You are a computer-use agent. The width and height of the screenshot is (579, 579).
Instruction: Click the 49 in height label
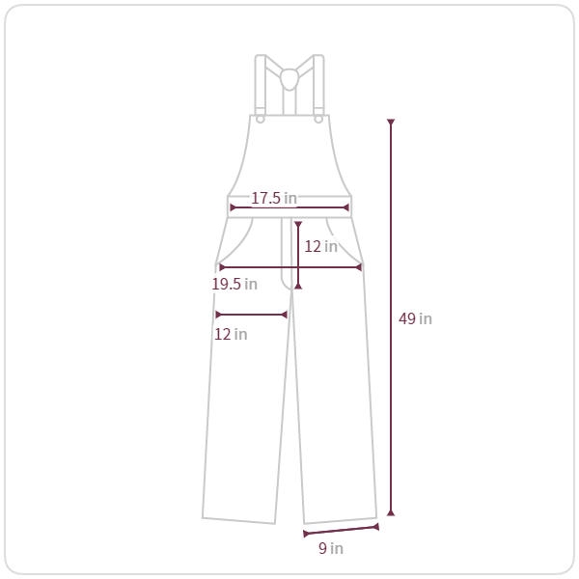pos(415,318)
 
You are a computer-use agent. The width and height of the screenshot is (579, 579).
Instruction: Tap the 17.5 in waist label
pos(274,198)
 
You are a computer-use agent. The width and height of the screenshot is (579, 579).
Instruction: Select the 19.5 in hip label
pos(234,284)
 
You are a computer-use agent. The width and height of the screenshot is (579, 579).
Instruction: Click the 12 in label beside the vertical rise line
pos(321,246)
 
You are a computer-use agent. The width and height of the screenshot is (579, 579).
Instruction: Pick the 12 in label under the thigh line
pos(231,334)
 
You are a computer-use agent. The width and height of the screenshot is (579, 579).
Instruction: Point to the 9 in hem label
pos(331,548)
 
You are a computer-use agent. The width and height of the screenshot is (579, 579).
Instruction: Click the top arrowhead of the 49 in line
pos(391,122)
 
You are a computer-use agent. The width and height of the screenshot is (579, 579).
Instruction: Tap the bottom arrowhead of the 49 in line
pos(391,513)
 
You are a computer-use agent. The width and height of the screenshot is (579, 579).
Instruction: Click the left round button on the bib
pos(260,120)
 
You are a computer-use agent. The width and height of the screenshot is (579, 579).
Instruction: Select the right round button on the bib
pos(318,120)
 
